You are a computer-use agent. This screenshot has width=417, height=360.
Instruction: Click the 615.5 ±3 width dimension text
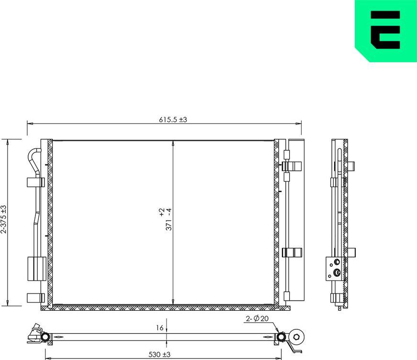(x=173, y=120)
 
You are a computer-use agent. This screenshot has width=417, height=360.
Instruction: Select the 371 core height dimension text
(x=165, y=219)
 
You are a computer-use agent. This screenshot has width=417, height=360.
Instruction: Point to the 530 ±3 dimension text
(x=159, y=354)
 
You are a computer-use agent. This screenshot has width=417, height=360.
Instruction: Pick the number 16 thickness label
(x=160, y=328)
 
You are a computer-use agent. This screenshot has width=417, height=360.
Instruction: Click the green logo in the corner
(x=385, y=31)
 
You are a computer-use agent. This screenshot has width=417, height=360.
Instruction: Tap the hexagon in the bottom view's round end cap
(x=298, y=337)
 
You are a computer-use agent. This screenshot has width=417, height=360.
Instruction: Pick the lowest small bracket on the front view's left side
(x=35, y=297)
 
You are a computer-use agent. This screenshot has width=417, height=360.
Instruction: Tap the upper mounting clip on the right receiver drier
(x=292, y=166)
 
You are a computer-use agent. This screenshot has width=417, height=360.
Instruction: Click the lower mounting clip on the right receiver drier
(x=292, y=252)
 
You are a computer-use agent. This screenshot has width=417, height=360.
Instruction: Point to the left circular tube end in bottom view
(x=45, y=338)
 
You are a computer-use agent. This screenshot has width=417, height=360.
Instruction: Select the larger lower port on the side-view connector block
(x=337, y=273)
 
